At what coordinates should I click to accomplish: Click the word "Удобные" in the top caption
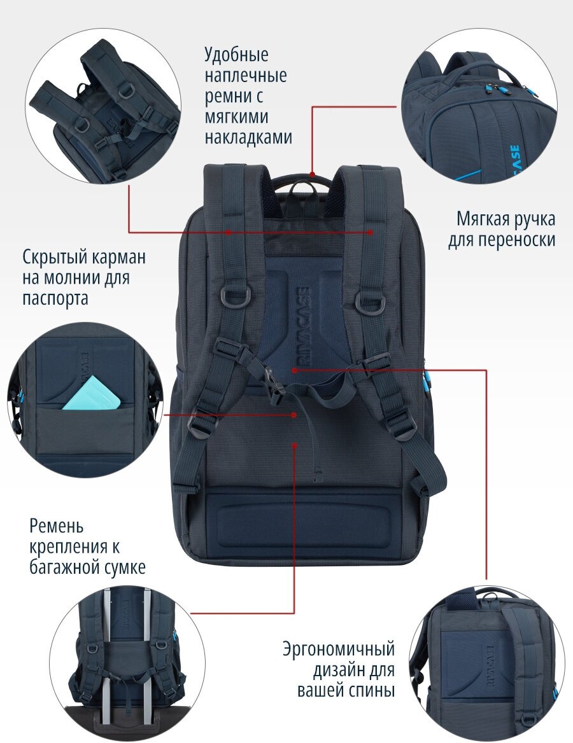point(236,55)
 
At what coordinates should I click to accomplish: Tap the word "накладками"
point(248,137)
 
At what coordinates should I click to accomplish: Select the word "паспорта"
point(55,298)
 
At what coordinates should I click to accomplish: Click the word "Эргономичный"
point(339,649)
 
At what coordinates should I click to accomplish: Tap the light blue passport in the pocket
point(92,393)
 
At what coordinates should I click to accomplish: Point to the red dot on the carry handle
point(311,174)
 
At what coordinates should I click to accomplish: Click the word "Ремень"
point(57,527)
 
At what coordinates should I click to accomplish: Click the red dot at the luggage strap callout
point(294,446)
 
